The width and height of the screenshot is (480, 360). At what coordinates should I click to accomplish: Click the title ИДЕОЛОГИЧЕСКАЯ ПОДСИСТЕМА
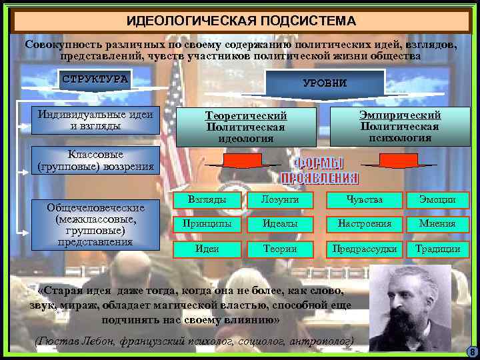click(x=241, y=21)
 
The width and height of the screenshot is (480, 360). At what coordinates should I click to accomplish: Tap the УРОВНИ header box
click(x=325, y=83)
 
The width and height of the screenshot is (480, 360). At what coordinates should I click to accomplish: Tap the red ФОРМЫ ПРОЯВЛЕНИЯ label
click(x=319, y=171)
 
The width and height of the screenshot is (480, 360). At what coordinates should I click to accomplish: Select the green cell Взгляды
click(x=207, y=199)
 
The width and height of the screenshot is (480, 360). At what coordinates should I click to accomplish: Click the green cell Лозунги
click(x=279, y=199)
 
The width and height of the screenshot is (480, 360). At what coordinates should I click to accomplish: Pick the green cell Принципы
click(x=207, y=224)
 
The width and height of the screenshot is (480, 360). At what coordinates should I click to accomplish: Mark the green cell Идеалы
click(x=279, y=224)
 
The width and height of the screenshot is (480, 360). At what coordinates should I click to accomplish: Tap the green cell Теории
click(x=279, y=249)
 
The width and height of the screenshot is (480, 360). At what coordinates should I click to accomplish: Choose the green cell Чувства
click(x=365, y=199)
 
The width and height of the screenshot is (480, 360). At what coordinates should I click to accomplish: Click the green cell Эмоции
click(x=437, y=199)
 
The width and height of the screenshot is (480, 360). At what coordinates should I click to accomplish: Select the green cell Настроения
click(x=365, y=224)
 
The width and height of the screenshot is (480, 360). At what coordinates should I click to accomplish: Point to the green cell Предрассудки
click(x=365, y=249)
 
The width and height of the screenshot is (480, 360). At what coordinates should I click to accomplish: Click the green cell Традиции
click(x=437, y=249)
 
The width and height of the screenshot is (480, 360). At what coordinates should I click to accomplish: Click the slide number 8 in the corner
click(x=472, y=352)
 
